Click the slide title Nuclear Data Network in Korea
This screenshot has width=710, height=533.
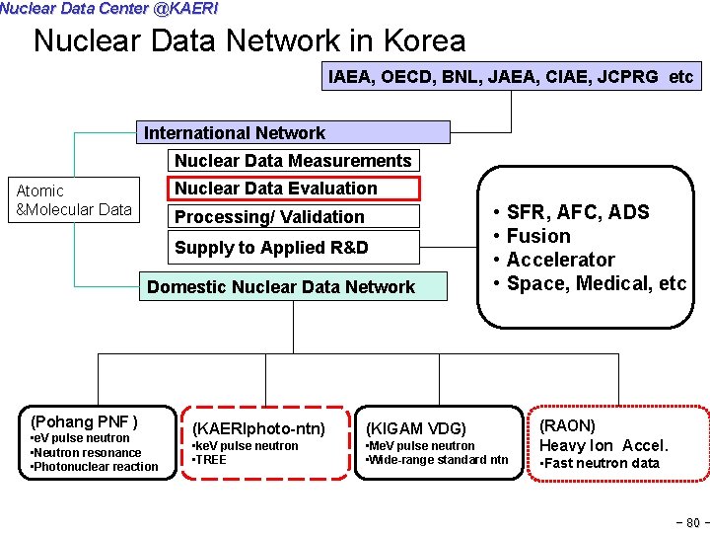click(249, 41)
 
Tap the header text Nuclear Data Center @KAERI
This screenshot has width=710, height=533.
click(108, 8)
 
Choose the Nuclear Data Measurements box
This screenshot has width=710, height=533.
click(293, 160)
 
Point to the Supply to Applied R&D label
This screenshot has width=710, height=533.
click(271, 248)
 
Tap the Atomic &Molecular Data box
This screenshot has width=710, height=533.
click(74, 199)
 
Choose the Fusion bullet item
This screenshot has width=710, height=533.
click(538, 236)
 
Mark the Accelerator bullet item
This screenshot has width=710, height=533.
click(560, 260)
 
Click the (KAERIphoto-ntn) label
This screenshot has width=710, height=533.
click(257, 428)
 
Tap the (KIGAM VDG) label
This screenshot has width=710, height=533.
click(415, 428)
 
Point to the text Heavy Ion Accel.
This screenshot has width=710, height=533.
click(603, 445)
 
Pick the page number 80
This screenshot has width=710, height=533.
click(693, 522)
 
